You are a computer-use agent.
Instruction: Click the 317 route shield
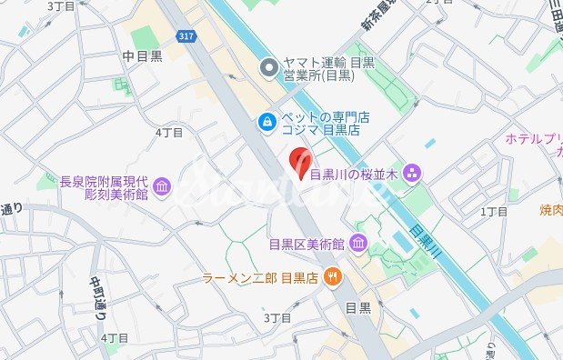click(186, 35)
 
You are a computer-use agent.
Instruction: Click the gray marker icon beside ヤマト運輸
click(268, 68)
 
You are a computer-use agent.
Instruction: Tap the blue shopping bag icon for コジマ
click(265, 119)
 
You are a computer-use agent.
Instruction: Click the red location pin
click(298, 164)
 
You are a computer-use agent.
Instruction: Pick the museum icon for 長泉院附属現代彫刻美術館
click(163, 187)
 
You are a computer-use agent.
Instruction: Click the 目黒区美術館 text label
click(307, 244)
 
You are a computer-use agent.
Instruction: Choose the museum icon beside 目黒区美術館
click(357, 244)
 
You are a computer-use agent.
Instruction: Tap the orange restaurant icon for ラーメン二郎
click(334, 277)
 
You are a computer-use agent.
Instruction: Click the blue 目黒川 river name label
click(425, 243)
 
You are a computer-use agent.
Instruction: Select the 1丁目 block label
click(494, 212)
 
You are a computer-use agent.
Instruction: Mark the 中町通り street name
click(97, 302)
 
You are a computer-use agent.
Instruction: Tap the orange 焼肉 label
click(551, 211)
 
